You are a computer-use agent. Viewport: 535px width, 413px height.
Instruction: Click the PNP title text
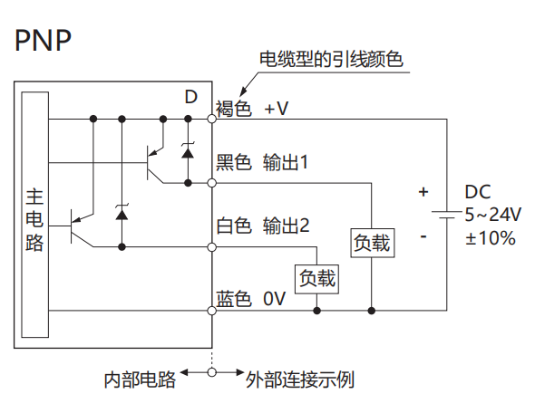(x=43, y=40)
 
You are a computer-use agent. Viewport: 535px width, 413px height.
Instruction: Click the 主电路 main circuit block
(x=34, y=215)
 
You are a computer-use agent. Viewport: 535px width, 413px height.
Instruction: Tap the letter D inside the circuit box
(x=191, y=97)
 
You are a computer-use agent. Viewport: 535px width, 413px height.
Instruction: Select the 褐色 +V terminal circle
(x=212, y=119)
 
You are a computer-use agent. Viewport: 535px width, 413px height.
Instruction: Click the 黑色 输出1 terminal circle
(x=212, y=183)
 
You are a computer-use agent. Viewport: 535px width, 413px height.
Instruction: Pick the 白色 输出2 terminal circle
(x=212, y=247)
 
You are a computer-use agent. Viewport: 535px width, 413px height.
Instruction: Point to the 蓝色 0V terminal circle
(x=212, y=311)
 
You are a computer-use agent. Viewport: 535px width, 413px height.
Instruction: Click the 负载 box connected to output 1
(x=373, y=243)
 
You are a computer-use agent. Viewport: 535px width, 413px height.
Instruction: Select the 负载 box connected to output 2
(x=316, y=279)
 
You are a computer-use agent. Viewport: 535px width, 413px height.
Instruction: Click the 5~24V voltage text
(x=493, y=215)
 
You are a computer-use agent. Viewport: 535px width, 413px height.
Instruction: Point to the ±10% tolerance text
(x=491, y=238)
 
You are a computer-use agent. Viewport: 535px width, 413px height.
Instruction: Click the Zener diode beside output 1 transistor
(x=188, y=151)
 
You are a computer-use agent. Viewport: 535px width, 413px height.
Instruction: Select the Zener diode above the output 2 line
(x=122, y=213)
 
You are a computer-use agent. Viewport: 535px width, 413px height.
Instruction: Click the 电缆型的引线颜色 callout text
(x=331, y=60)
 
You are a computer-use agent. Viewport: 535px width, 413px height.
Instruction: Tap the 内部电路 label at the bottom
(x=140, y=379)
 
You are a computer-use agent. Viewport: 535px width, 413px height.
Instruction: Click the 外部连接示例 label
(x=300, y=379)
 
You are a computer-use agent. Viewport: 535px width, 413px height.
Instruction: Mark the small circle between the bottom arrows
(x=212, y=372)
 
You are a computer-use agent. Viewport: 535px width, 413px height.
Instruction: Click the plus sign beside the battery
(x=423, y=192)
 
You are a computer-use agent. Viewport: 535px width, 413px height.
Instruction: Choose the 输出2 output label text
(x=287, y=226)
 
